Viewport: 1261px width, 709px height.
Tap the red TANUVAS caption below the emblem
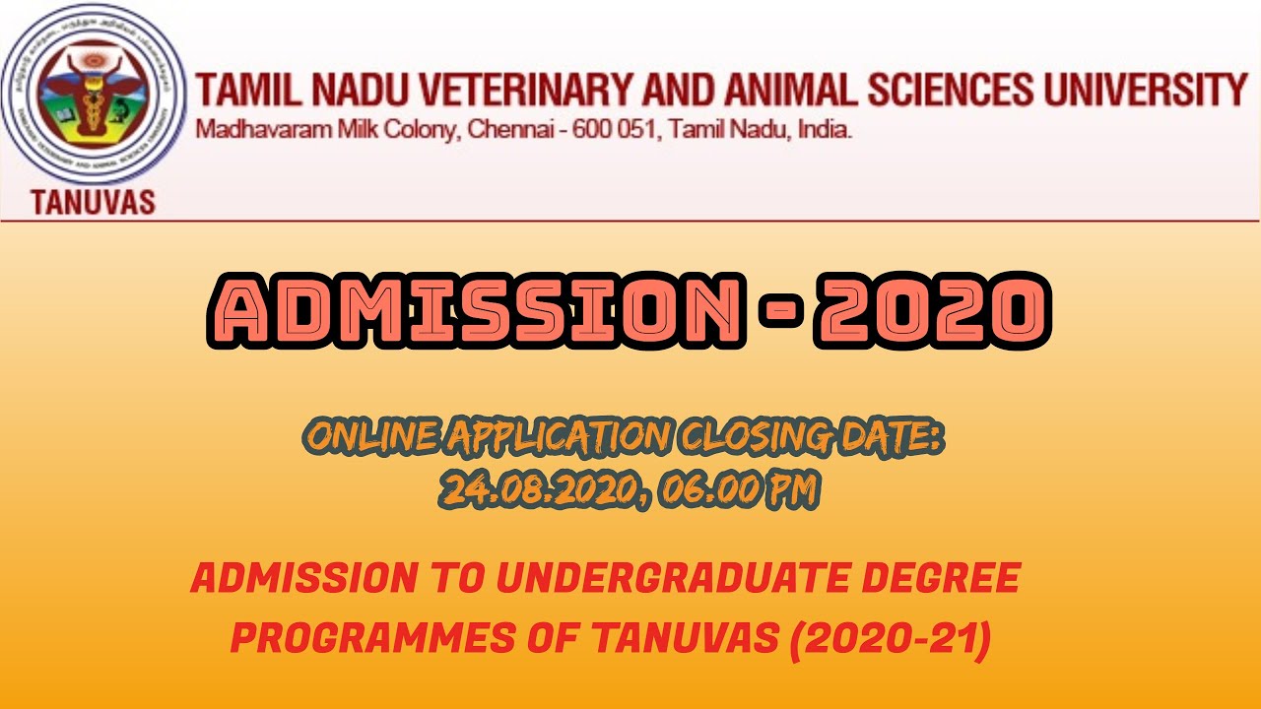[x=94, y=203]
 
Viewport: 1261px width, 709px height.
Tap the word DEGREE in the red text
[x=949, y=579]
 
